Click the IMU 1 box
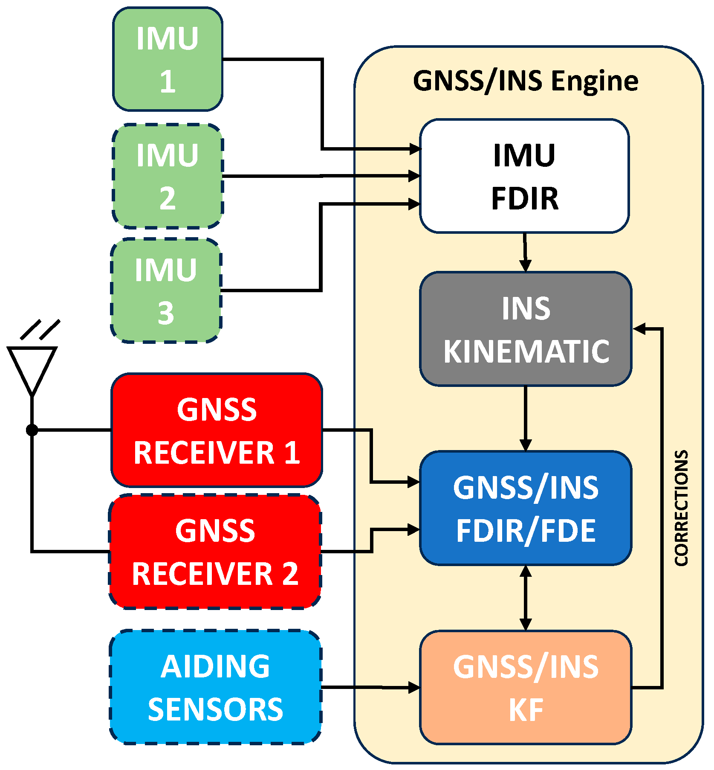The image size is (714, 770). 168,59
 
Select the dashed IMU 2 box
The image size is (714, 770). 168,176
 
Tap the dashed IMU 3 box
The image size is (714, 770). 166,291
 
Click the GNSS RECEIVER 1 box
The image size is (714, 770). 217,430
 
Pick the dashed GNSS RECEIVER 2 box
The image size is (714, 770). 215,552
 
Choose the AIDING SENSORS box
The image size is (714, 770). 215,687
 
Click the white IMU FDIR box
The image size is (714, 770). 524,176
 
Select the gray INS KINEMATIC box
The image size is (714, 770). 526,329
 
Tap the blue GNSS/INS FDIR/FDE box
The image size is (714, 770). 526,508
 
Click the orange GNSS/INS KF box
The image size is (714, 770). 526,687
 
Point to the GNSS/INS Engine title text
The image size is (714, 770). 526,81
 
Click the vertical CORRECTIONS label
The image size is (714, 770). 681,508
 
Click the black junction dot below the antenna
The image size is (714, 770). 32,430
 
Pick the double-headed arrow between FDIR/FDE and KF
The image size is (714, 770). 526,598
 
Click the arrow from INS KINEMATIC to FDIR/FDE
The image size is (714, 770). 526,418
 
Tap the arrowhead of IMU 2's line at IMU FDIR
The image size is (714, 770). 414,176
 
